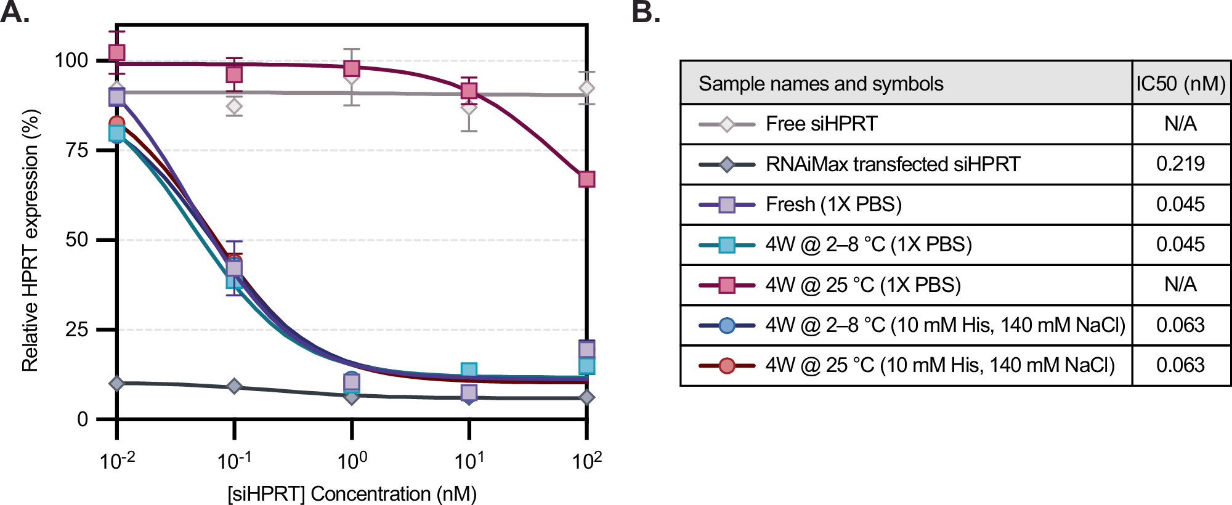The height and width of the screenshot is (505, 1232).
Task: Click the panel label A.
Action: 15,12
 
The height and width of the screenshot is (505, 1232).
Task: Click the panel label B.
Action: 646,12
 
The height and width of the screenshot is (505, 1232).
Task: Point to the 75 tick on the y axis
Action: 77,150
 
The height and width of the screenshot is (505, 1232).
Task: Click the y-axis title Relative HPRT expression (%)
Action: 30,240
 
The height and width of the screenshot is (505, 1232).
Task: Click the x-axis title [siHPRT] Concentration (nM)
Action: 352,494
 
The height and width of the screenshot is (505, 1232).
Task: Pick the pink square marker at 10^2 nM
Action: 586,179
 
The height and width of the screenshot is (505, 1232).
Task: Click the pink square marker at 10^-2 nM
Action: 117,53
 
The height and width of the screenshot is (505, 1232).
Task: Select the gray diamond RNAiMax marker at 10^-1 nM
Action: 234,386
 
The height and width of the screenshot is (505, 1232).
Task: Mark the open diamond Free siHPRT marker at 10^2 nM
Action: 586,89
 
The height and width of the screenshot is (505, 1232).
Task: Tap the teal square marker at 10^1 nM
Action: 469,371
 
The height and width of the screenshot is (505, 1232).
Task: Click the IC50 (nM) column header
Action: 1180,83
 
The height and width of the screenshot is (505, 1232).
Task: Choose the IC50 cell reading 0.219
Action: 1180,164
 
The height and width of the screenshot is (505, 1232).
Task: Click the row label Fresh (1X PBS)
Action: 833,204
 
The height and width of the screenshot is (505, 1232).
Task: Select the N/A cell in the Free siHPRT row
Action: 1180,124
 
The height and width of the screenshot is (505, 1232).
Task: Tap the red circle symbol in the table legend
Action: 727,365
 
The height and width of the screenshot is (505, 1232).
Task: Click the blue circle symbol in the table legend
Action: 727,325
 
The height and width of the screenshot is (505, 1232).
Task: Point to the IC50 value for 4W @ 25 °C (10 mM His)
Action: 1180,365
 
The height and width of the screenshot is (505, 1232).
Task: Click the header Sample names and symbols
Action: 821,83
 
